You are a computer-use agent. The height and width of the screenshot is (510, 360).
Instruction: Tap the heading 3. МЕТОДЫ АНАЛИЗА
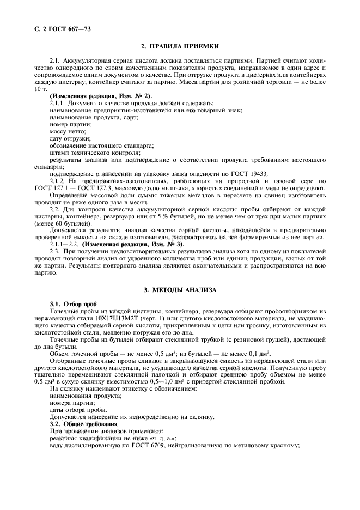(x=180, y=290)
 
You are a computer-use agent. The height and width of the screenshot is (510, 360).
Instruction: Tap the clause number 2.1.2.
(x=58, y=181)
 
